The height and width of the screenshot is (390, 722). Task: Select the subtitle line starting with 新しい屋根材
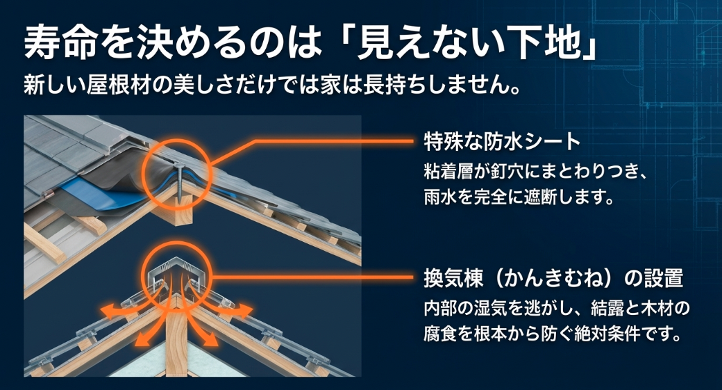[x=272, y=86]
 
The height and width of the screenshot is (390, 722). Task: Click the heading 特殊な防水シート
[x=502, y=142]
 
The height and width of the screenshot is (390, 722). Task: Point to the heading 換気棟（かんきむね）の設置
[x=553, y=278]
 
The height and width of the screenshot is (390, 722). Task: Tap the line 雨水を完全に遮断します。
[x=519, y=197]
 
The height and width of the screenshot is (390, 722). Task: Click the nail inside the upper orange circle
[x=178, y=181]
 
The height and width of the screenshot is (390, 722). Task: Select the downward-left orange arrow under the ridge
[x=153, y=328]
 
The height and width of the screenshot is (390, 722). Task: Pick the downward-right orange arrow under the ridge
[x=202, y=328]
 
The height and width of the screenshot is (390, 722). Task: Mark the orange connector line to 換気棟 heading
[x=313, y=277]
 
